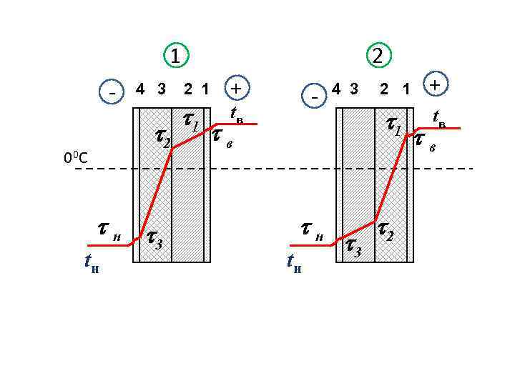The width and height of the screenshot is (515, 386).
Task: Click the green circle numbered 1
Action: pyautogui.click(x=176, y=55)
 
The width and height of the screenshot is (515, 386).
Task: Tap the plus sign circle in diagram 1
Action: pyautogui.click(x=235, y=88)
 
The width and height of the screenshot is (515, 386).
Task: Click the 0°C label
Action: pyautogui.click(x=76, y=157)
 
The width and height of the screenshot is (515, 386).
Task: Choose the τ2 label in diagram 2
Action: pyautogui.click(x=385, y=230)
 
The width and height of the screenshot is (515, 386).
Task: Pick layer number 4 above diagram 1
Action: pyautogui.click(x=140, y=89)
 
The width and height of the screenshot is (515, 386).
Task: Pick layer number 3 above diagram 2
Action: pyautogui.click(x=354, y=89)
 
